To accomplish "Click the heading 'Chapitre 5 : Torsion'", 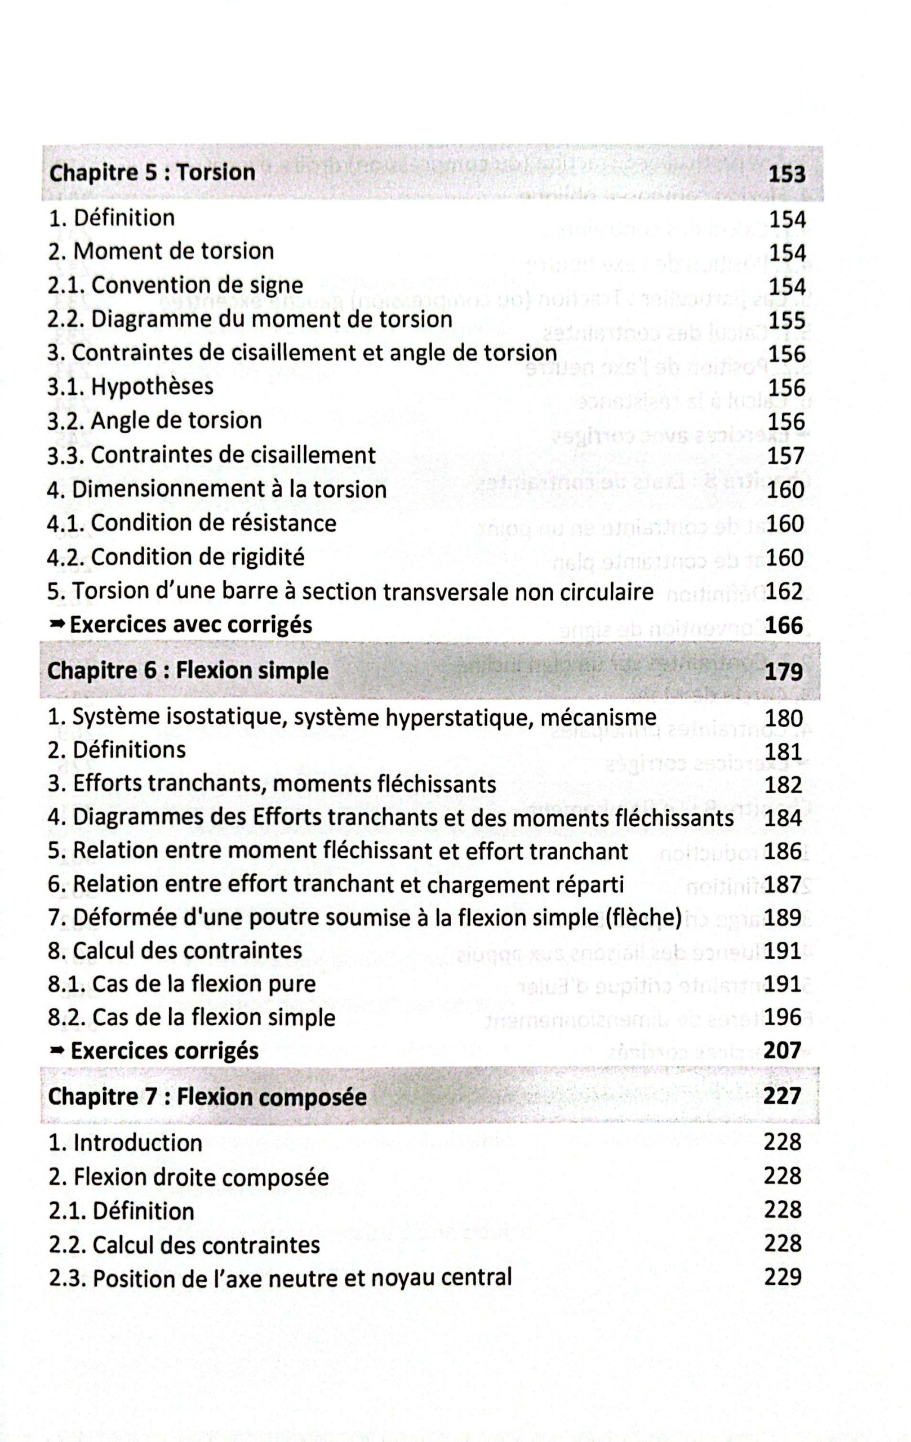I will point(152,172).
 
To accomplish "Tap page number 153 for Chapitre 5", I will point(786,174).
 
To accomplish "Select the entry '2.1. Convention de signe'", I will point(175,285).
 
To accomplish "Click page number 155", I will point(786,321).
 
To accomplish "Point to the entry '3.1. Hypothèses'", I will point(130,386).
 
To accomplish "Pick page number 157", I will point(786,456).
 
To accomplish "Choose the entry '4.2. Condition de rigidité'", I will point(175,557).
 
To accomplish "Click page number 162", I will point(784,591).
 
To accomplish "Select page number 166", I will point(784,625).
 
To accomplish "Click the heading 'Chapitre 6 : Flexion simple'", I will point(188,670).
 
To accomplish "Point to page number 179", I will point(784,672).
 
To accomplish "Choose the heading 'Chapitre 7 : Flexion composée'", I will point(207,1097).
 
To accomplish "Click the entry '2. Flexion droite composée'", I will point(188,1177).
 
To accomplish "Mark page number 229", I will point(783,1278).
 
